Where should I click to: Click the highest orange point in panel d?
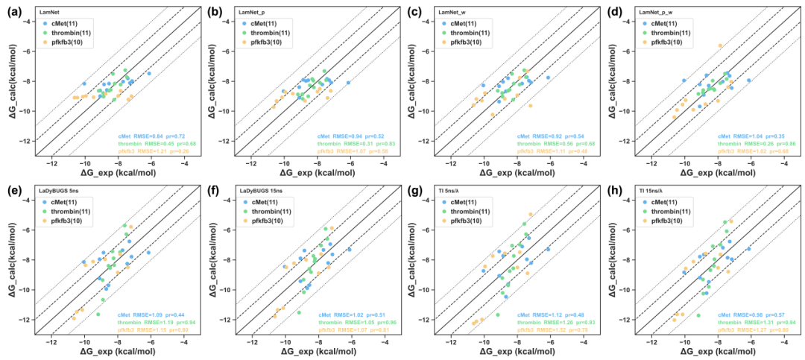720,45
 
